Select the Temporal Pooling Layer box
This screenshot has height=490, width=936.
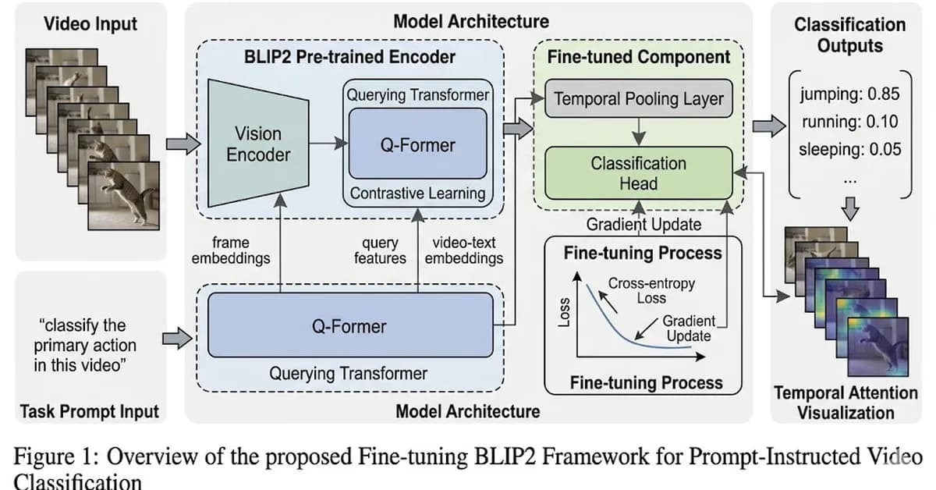point(639,99)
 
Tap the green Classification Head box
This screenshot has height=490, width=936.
point(639,173)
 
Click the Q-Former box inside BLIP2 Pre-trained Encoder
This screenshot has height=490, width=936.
point(417,144)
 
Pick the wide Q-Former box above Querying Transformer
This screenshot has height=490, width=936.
point(349,325)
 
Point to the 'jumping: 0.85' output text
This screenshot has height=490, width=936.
point(849,94)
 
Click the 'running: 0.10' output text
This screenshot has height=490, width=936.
point(849,121)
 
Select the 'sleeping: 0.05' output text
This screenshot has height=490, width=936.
point(849,148)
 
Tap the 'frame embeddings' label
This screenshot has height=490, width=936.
point(231,250)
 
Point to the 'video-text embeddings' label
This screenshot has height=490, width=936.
point(464,250)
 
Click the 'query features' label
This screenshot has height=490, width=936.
point(380,250)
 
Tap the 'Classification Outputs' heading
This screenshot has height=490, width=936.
point(849,35)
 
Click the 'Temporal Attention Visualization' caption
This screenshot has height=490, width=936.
point(845,403)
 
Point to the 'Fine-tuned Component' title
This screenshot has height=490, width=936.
point(639,57)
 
